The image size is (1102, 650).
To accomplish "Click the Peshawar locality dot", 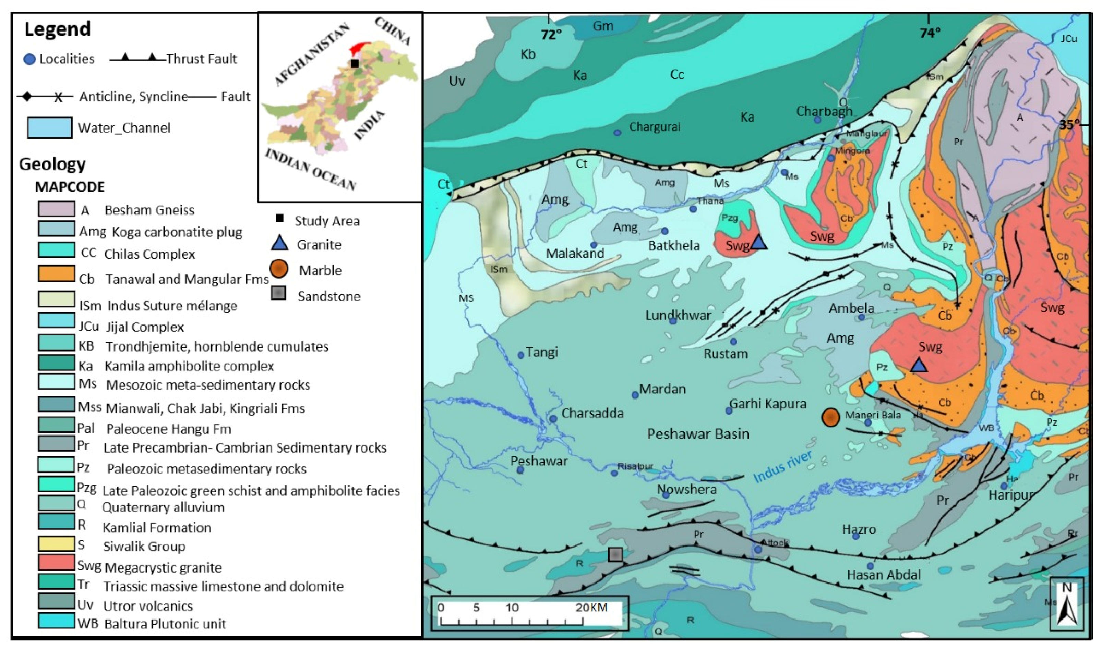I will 520,470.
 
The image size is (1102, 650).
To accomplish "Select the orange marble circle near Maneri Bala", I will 830,417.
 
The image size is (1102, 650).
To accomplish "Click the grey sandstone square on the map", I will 615,554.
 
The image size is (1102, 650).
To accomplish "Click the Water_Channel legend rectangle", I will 49,127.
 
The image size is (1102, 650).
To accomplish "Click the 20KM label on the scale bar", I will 591,607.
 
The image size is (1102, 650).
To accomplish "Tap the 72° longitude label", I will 551,34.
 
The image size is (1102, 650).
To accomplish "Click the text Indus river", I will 782,467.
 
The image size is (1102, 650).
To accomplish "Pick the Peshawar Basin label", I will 698,434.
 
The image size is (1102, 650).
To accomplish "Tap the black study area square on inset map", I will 355,63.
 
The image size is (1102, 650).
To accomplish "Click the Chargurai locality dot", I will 617,132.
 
